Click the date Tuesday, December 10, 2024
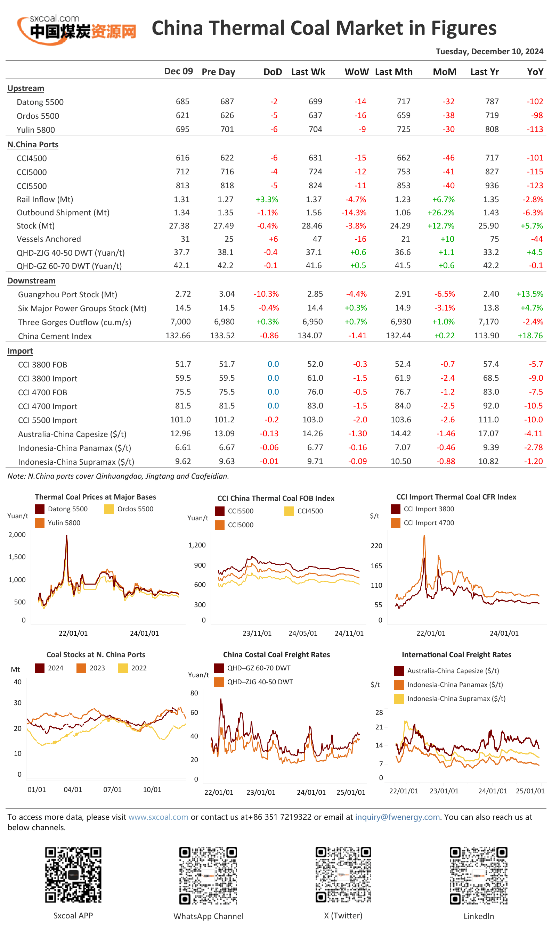[x=489, y=51]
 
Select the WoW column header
[x=356, y=72]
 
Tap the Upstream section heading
[x=26, y=88]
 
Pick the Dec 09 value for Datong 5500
[x=182, y=101]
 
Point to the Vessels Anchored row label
[x=49, y=239]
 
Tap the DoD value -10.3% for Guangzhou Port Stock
[x=266, y=294]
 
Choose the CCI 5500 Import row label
[x=48, y=420]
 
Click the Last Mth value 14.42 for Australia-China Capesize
[x=400, y=434]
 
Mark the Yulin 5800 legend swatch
[x=39, y=523]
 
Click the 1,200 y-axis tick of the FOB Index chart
[x=197, y=545]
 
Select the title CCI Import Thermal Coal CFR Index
[x=456, y=497]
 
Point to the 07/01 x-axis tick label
[x=112, y=789]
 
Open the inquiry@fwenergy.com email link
[x=397, y=817]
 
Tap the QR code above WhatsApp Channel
[x=208, y=875]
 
